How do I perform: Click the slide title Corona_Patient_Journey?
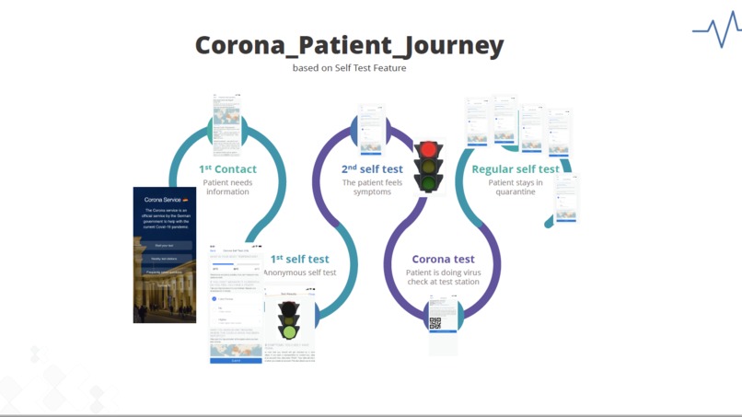tap(349, 45)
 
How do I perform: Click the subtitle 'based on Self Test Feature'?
tap(349, 68)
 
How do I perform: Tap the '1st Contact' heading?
tap(227, 169)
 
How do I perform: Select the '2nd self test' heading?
tap(372, 169)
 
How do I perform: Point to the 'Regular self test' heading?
tap(515, 169)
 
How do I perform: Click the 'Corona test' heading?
tap(443, 260)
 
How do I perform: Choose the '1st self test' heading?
tap(299, 260)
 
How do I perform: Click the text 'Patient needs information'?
tap(227, 187)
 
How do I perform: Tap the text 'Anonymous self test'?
tap(300, 273)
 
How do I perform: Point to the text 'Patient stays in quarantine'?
tap(515, 187)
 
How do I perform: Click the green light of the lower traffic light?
tap(290, 331)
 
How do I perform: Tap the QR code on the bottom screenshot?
tap(435, 323)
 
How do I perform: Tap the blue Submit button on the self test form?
tap(237, 361)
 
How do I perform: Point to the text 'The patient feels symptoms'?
tap(372, 187)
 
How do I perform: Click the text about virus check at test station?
tap(443, 277)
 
